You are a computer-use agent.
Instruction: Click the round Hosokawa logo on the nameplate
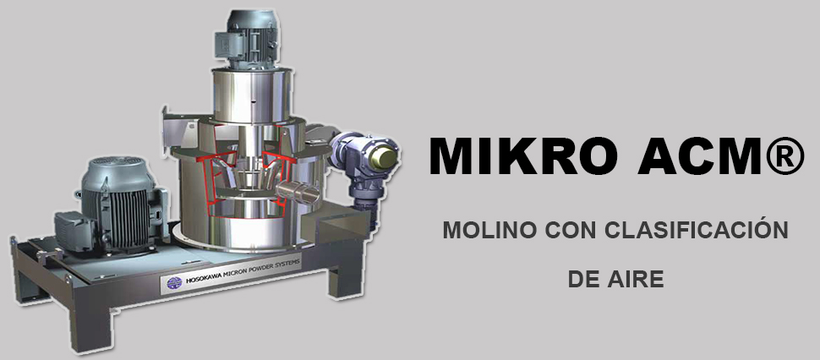[175, 283]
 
